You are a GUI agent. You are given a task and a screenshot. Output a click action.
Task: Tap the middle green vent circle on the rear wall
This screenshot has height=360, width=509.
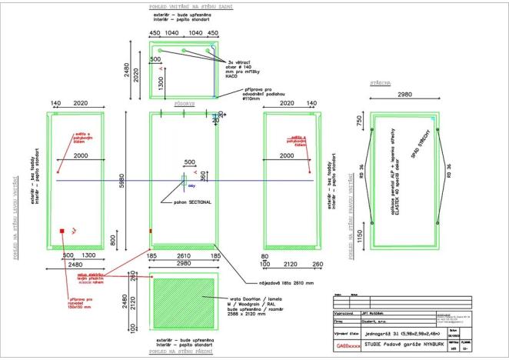pos(184,50)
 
